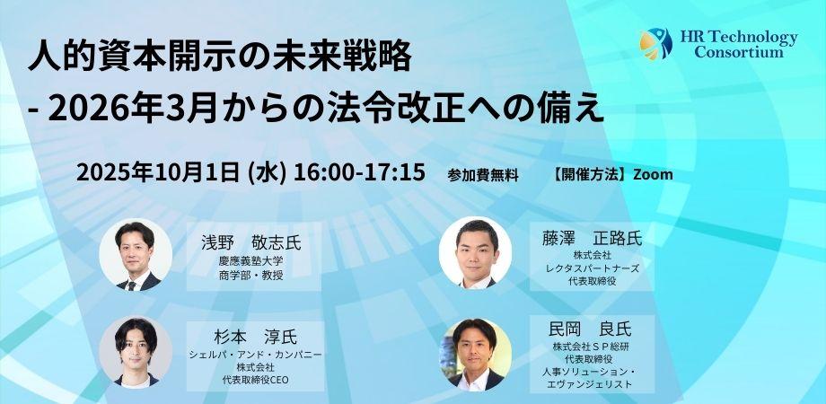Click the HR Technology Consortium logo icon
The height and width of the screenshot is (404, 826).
(x=655, y=42)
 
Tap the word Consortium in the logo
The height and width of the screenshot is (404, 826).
(x=739, y=52)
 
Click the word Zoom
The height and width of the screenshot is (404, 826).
(x=653, y=174)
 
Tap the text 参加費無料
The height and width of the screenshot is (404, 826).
(x=483, y=175)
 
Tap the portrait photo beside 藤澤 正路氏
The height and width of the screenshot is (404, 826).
(x=475, y=253)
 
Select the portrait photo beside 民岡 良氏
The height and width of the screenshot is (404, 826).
(x=475, y=354)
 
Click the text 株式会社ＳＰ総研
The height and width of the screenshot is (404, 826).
(x=593, y=347)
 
